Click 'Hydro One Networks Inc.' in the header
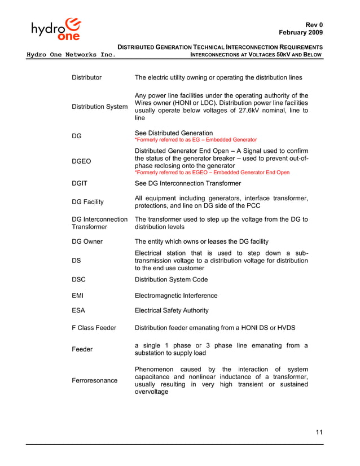click(71, 55)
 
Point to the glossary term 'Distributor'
click(87, 77)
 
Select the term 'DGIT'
click(81, 183)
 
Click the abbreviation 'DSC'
click(80, 280)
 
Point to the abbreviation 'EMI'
click(78, 296)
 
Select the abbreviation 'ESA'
click(79, 310)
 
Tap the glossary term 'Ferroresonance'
click(95, 380)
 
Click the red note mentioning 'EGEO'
click(212, 173)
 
